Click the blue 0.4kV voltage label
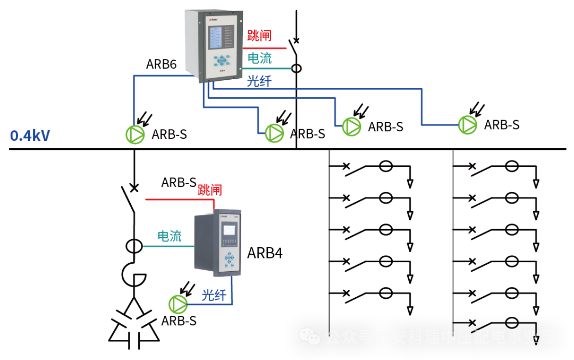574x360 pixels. [x=30, y=136]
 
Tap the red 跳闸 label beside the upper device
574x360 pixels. [x=259, y=36]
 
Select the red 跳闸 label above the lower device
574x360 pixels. [x=210, y=189]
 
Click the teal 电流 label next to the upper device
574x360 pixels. [x=260, y=57]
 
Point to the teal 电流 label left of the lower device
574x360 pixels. [x=170, y=236]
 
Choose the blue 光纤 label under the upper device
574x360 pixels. [x=259, y=81]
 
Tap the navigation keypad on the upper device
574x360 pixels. [x=220, y=60]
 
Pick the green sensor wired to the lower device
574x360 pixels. [x=178, y=305]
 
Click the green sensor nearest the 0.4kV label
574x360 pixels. [x=135, y=135]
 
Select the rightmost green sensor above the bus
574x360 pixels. [x=468, y=124]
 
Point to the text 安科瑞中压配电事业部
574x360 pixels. [x=473, y=337]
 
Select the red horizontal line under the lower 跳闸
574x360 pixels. [x=178, y=200]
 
